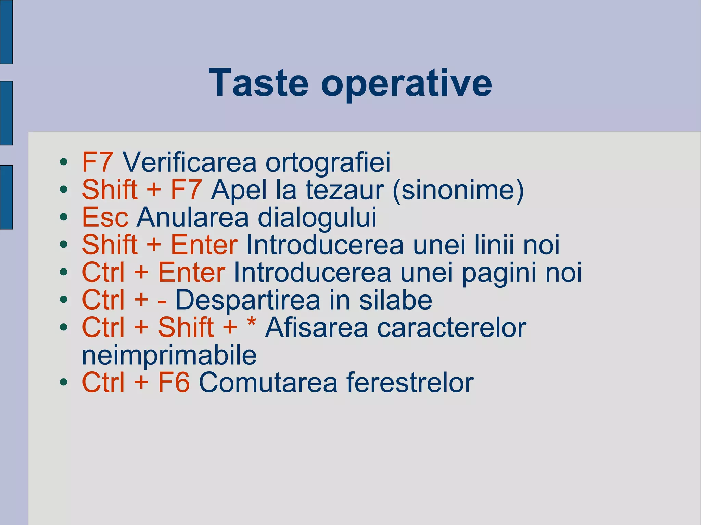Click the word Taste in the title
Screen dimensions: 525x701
[x=258, y=83]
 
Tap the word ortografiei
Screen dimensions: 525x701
[x=328, y=163]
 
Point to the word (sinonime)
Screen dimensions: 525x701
[x=459, y=190]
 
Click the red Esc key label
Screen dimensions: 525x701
[x=105, y=217]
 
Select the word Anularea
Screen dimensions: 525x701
[x=193, y=217]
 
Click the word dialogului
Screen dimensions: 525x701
[x=317, y=218]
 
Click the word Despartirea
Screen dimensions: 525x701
[x=248, y=300]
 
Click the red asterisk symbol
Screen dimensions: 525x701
[x=252, y=323]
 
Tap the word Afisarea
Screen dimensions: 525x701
[x=316, y=328]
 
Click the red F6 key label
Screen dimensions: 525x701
[x=174, y=382]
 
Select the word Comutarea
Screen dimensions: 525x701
[x=268, y=382]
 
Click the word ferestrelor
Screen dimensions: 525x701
[x=410, y=382]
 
